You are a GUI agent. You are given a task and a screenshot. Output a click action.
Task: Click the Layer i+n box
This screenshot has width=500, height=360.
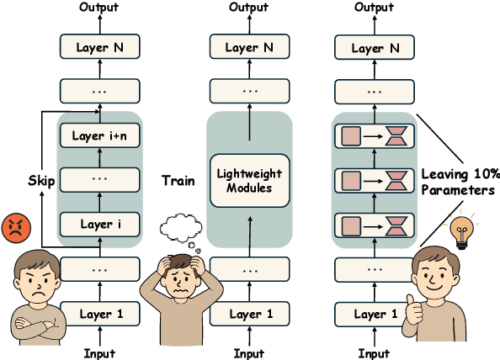(100, 135)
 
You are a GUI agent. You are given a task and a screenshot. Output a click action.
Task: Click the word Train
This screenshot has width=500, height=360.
(178, 180)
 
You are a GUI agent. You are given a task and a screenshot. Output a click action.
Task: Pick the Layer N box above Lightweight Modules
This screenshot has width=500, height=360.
(249, 48)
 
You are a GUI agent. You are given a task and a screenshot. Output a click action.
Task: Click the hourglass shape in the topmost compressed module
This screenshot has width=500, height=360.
(396, 136)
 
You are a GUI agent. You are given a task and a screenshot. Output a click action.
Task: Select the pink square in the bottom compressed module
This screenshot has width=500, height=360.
(349, 225)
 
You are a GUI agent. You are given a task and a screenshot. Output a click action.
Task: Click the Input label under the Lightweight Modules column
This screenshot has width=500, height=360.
(249, 353)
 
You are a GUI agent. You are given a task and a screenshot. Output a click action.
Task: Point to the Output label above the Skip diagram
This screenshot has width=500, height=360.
(99, 8)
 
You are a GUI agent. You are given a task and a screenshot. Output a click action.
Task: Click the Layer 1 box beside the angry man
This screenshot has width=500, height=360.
(100, 315)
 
